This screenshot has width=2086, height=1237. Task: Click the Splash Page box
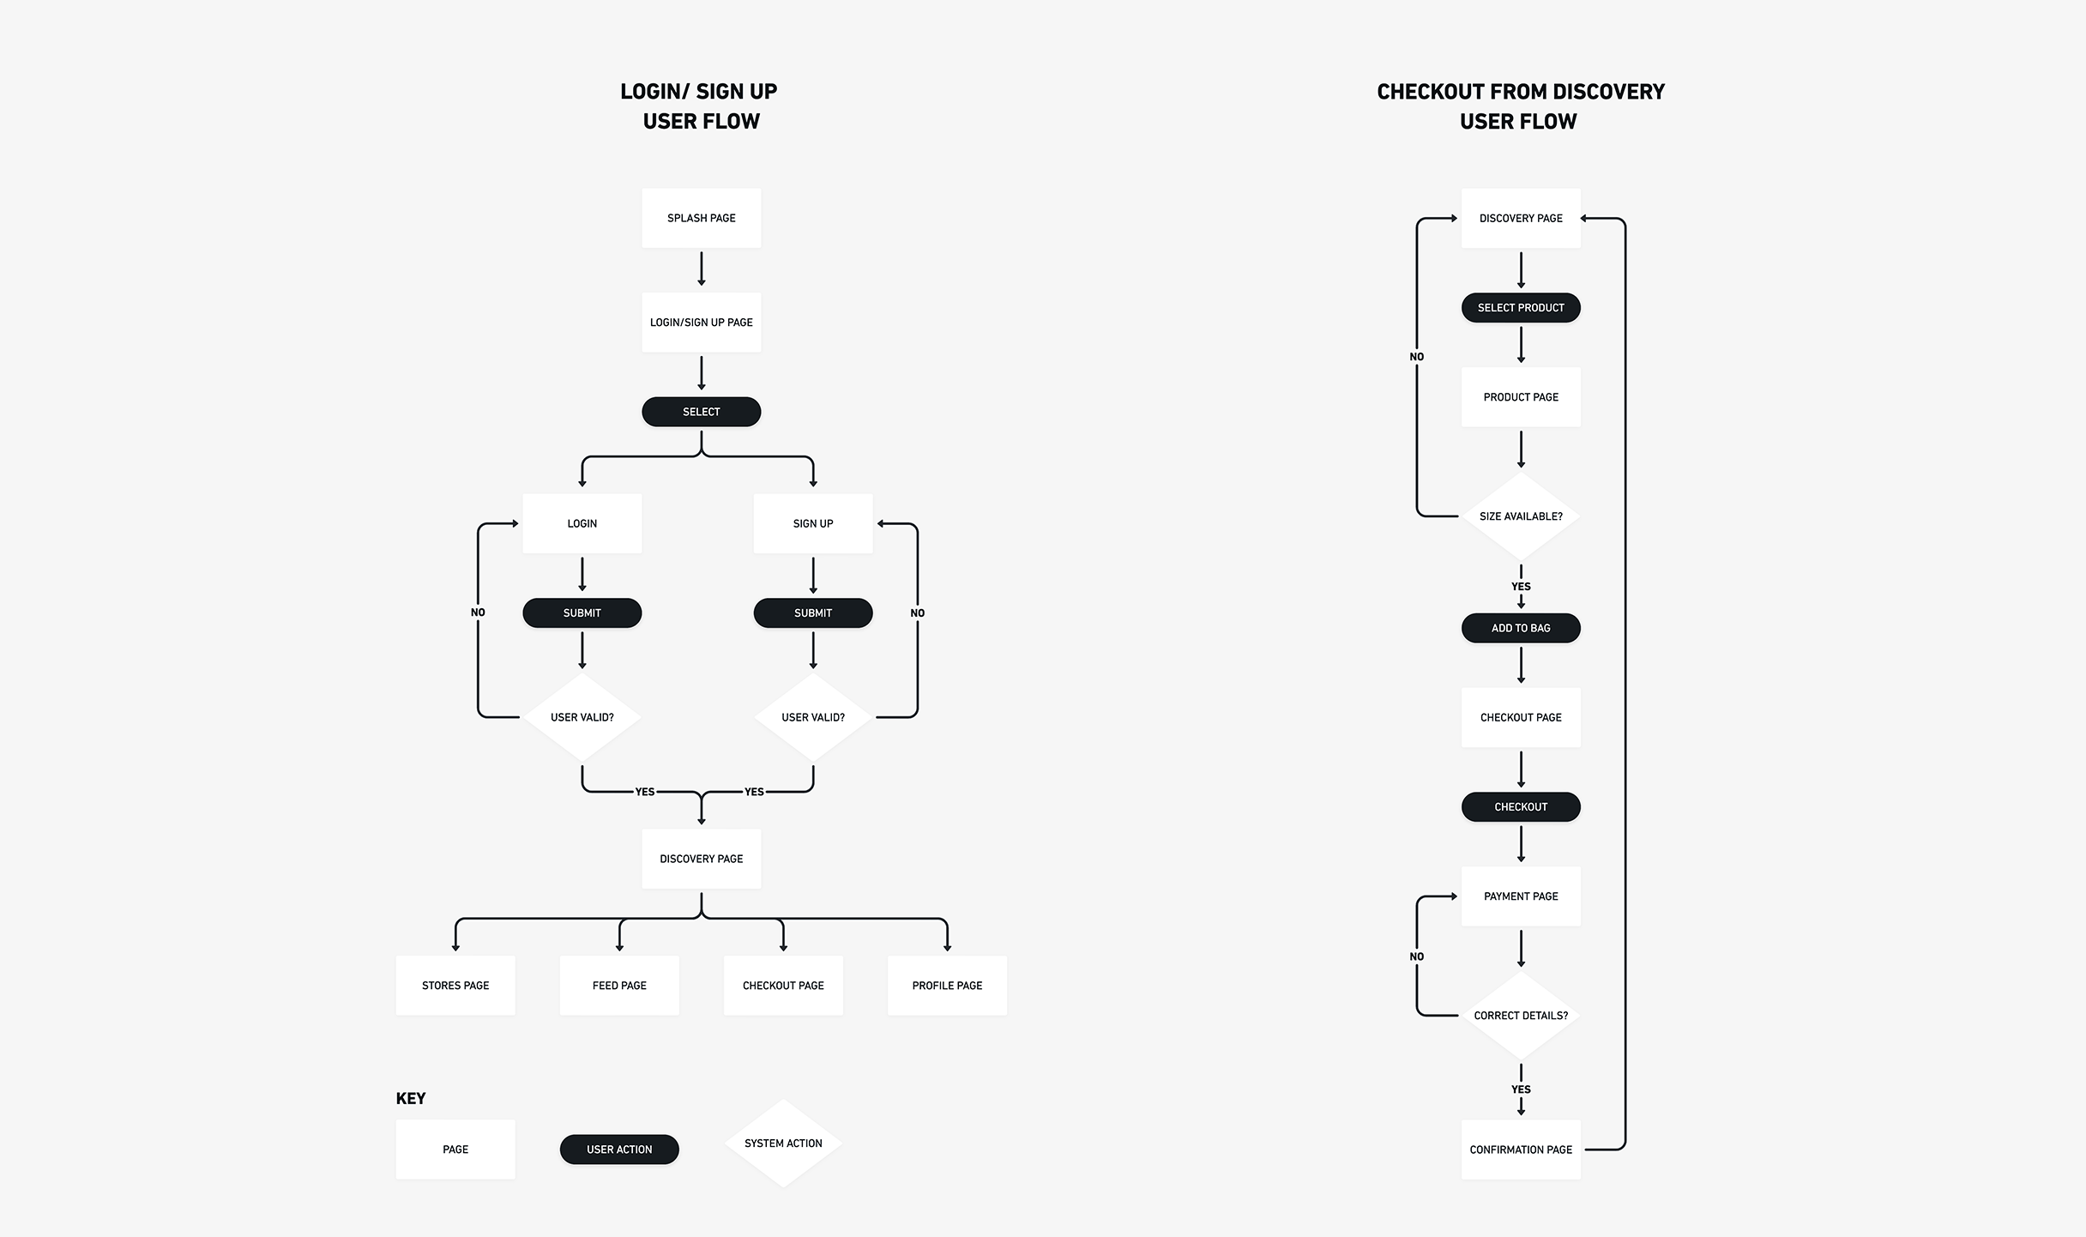click(701, 218)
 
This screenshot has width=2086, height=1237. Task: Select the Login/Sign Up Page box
click(701, 323)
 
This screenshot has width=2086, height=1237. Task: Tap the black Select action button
click(701, 412)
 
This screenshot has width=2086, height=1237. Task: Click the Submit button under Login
click(582, 612)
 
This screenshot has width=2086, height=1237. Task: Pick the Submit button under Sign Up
click(812, 612)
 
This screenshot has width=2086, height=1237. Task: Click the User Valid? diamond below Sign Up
click(812, 717)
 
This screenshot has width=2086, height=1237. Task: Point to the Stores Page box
click(455, 986)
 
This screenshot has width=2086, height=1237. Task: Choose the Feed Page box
click(618, 986)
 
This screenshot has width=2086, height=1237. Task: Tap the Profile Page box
click(947, 986)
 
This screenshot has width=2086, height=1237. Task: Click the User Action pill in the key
click(618, 1150)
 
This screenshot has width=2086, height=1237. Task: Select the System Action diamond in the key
click(782, 1143)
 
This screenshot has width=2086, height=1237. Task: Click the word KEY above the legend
click(410, 1099)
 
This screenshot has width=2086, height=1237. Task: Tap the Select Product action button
click(1520, 308)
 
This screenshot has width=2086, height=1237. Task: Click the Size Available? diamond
click(1520, 516)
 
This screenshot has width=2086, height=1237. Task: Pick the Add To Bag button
click(1520, 628)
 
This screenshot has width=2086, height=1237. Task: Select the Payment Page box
click(1520, 896)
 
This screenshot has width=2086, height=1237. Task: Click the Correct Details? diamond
click(1520, 1016)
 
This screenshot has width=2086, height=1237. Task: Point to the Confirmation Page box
click(1520, 1150)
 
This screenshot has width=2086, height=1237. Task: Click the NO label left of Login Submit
click(478, 612)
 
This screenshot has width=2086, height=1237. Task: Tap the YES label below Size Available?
click(1520, 587)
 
